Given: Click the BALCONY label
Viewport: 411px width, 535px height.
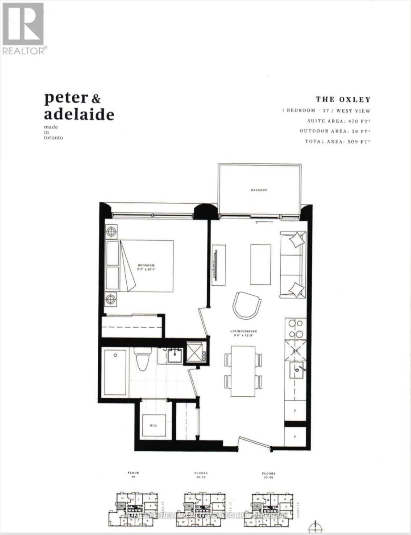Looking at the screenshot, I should coord(258,190).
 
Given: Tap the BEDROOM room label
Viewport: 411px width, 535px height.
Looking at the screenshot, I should coord(145,265).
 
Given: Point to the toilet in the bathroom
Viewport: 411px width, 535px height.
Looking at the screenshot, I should coord(142,360).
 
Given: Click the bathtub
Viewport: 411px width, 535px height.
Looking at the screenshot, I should coord(115,372).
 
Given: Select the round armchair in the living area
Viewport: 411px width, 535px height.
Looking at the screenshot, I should coord(246,305).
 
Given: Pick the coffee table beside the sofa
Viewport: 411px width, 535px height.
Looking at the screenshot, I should coord(260,264).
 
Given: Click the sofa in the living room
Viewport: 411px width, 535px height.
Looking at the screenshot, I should coord(293,264).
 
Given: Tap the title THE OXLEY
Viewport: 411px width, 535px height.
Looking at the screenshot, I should coord(343,99).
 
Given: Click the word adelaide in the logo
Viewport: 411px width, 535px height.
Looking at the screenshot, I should coord(79,114).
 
